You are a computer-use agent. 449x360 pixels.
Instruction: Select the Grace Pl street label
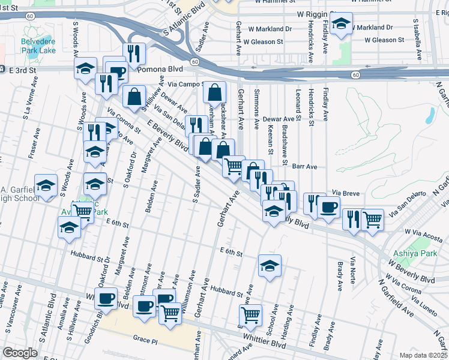coord(145,339)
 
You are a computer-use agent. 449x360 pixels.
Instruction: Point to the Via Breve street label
coord(345,193)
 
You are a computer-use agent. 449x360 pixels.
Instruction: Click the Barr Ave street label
coord(305,167)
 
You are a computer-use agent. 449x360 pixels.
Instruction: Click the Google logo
coord(20,353)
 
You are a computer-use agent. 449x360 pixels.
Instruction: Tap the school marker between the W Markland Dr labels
coord(342,25)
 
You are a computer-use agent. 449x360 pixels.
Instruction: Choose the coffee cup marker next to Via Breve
coord(328,207)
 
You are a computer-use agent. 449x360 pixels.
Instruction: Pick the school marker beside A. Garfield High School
coord(46,185)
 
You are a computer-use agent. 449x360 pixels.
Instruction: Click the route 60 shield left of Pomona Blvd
coord(195,62)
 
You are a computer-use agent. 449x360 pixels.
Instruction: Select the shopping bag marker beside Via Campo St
coord(214,93)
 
